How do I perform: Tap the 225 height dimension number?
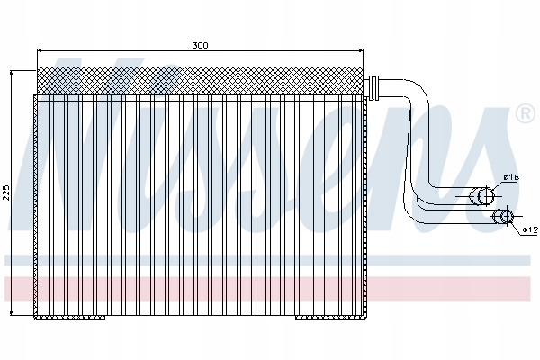(x=8, y=192)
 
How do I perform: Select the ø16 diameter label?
(x=511, y=177)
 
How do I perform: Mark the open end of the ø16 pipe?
(x=485, y=194)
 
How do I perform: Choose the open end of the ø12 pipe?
(x=506, y=216)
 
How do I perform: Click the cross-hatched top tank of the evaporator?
(x=201, y=77)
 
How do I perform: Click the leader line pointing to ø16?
(x=497, y=184)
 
